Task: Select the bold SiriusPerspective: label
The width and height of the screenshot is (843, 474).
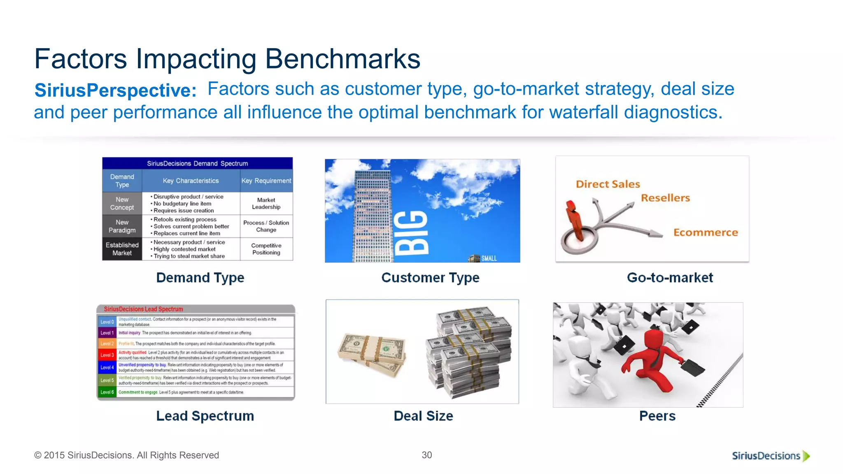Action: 115,91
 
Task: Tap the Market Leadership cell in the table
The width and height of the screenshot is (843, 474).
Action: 266,204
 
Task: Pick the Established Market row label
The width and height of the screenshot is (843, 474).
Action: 122,249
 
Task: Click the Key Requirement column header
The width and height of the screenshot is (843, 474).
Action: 266,181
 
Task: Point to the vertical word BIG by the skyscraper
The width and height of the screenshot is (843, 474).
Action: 412,232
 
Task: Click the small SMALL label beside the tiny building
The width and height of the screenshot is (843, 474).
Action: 489,258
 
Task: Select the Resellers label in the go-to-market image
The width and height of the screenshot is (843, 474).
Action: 665,198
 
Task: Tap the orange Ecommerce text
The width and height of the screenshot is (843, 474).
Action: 706,232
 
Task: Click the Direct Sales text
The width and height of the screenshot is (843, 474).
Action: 608,184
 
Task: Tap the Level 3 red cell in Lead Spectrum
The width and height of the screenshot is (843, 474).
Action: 107,355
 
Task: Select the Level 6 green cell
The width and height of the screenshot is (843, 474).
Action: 107,392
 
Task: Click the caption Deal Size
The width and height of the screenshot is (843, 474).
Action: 423,416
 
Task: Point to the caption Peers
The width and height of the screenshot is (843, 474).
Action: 657,416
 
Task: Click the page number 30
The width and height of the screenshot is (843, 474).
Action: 427,455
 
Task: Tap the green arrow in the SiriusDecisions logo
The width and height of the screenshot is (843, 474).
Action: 806,456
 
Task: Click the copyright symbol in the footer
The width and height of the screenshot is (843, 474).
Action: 38,455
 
